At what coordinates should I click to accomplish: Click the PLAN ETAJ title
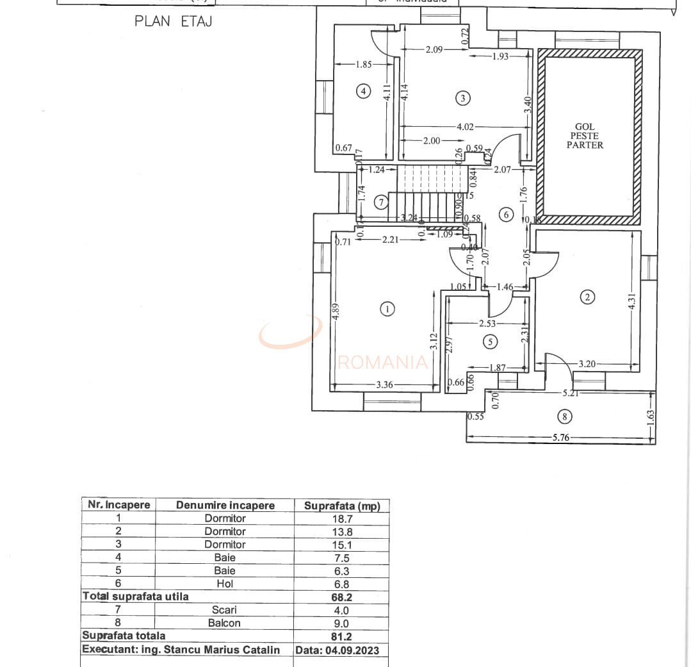click(x=173, y=21)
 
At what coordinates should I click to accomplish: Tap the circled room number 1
click(x=387, y=309)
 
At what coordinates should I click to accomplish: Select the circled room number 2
click(x=587, y=297)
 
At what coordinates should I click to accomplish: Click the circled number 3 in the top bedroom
click(x=462, y=98)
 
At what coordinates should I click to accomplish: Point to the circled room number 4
click(x=363, y=92)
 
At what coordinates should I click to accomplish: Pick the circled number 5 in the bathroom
click(x=490, y=342)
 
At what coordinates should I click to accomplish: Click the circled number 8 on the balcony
click(x=564, y=417)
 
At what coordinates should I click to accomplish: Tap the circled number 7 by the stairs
click(x=381, y=202)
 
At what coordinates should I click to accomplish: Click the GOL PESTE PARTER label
click(x=585, y=136)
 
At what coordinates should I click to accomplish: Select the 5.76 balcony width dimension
click(x=561, y=438)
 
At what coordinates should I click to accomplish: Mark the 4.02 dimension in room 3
click(x=465, y=127)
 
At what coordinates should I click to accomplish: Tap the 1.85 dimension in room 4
click(x=363, y=64)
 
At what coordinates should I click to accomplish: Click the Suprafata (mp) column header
click(x=341, y=506)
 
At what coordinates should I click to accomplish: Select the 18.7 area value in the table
click(x=341, y=518)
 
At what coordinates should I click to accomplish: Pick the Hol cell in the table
click(x=225, y=584)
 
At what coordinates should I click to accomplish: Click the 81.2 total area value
click(x=341, y=636)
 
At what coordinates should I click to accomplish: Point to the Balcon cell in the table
click(x=225, y=623)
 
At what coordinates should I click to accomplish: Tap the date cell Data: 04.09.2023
click(x=337, y=650)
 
